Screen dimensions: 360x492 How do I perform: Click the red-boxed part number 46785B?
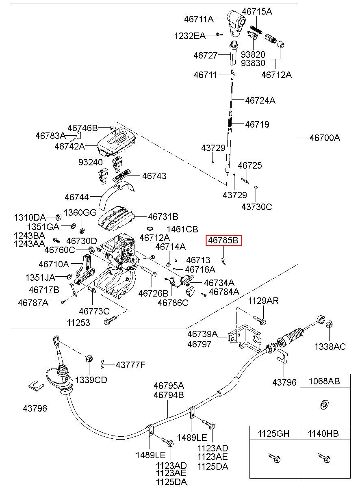pos(223,240)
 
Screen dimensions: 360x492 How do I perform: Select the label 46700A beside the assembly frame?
pos(325,138)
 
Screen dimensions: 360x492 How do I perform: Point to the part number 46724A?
pos(260,100)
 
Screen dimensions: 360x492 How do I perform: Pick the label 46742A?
pos(69,146)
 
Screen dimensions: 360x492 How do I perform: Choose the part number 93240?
pos(91,162)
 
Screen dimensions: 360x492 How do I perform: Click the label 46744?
pos(77,197)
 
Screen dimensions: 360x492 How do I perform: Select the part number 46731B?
pos(163,217)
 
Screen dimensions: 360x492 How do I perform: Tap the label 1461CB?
pos(182,229)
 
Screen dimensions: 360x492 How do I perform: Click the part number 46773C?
pos(94,311)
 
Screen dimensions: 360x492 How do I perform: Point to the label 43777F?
pos(130,365)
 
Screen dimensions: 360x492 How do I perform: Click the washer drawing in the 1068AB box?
pos(323,404)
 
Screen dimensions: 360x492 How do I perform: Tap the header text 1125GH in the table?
pos(273,433)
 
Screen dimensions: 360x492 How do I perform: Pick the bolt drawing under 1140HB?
pos(324,457)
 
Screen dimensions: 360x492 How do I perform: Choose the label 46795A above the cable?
pos(169,386)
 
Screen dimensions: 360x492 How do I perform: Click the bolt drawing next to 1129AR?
pos(259,320)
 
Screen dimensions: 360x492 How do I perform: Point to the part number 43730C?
pos(256,207)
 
